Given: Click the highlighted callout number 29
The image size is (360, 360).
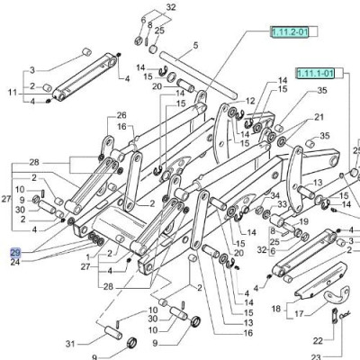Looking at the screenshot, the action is (15, 253).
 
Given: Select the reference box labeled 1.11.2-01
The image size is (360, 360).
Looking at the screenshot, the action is (290, 31).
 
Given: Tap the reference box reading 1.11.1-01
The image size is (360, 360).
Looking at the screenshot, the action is (315, 73).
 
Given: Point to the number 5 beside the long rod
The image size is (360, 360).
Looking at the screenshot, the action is (195, 46).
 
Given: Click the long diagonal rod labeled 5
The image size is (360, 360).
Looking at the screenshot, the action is (198, 75).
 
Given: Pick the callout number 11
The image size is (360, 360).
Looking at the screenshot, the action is (13, 93).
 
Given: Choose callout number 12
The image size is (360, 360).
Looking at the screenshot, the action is (250, 101).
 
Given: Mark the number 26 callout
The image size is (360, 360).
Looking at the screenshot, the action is (121, 115).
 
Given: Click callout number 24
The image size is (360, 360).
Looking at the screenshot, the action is (15, 263).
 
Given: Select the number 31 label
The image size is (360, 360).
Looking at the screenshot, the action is (70, 344).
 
